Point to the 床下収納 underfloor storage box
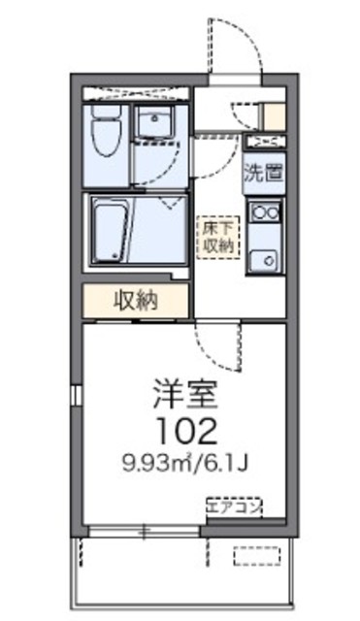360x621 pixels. tap(216, 235)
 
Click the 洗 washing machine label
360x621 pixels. tap(254, 177)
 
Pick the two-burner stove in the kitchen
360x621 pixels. tap(265, 210)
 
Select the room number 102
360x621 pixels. tap(185, 428)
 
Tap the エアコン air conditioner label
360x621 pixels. tap(234, 506)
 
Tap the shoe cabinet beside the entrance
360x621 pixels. tap(276, 115)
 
